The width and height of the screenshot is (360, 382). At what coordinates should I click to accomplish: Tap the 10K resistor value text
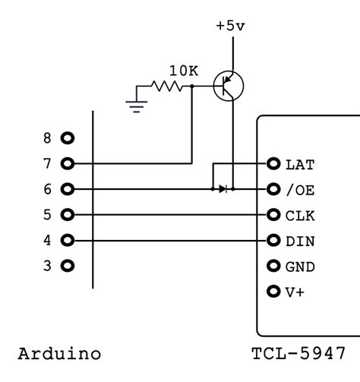click(x=184, y=71)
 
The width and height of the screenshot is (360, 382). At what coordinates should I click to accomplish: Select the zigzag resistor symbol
click(x=169, y=87)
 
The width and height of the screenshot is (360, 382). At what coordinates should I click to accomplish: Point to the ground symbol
click(x=137, y=102)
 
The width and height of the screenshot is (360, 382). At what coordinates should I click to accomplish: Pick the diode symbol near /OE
click(x=222, y=188)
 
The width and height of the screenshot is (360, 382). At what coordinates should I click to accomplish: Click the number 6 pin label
click(x=47, y=189)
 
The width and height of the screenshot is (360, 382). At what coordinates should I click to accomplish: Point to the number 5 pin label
click(x=47, y=215)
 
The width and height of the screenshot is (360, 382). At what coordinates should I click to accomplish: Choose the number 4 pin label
click(x=47, y=241)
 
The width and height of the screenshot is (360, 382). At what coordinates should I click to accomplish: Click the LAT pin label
click(x=299, y=164)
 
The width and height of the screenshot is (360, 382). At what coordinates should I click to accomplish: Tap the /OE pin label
click(x=299, y=189)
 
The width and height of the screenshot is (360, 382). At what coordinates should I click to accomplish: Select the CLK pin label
click(x=299, y=216)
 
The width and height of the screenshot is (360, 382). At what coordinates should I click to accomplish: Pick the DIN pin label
click(x=299, y=242)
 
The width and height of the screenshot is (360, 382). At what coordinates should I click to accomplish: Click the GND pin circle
click(x=273, y=267)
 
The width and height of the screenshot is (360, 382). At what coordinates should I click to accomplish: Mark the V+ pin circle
click(x=273, y=292)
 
